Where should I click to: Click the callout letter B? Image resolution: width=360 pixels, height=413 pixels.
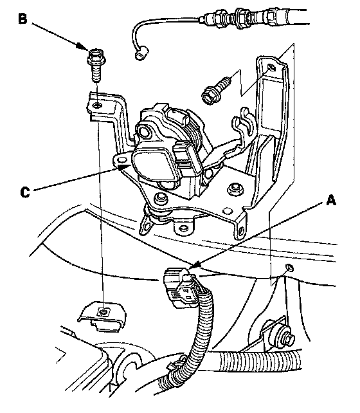23,19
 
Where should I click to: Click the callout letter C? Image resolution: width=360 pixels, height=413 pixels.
25,192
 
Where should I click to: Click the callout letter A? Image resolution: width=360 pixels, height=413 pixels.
331,200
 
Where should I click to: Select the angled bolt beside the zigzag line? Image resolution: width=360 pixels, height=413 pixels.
215,90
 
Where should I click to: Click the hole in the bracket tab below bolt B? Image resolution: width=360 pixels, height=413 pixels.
97,106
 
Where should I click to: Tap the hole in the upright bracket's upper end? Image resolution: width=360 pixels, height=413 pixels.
271,68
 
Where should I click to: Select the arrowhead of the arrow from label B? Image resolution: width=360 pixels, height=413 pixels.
82,46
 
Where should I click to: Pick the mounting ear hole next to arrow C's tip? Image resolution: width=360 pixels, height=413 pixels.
122,160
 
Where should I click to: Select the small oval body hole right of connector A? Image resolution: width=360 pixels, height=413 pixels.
289,268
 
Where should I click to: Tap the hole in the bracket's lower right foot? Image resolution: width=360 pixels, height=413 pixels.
241,230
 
